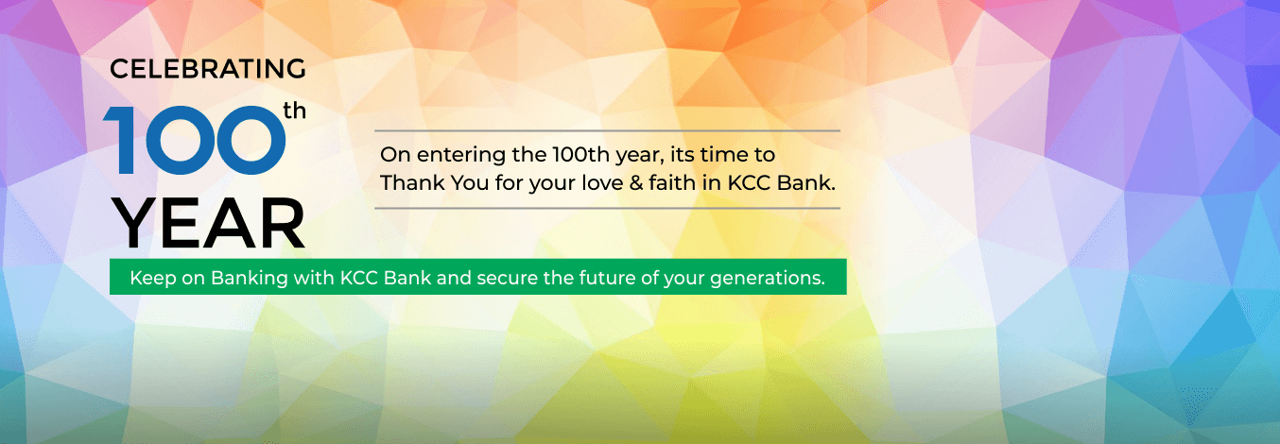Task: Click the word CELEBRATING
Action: click(x=207, y=69)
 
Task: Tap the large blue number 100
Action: click(x=194, y=141)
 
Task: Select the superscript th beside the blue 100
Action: click(x=294, y=111)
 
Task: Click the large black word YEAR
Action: click(x=210, y=224)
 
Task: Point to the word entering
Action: click(x=461, y=155)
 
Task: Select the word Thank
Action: click(x=412, y=183)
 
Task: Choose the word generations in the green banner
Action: click(x=768, y=279)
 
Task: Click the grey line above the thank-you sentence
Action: click(x=608, y=130)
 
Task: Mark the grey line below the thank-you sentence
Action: click(x=608, y=209)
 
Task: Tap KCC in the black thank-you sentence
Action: click(x=749, y=183)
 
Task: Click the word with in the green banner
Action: click(x=314, y=278)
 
